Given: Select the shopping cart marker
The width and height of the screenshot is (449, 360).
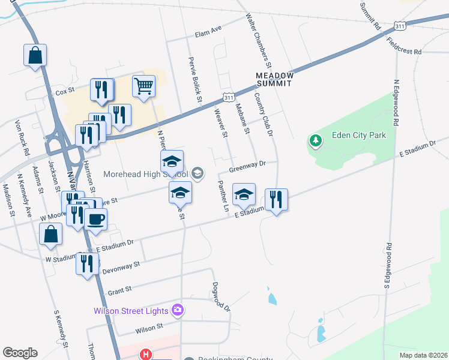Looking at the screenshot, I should (x=143, y=86).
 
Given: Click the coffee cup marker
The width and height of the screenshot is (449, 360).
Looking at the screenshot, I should (x=95, y=220).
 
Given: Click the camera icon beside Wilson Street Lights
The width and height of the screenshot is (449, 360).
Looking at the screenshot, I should (x=178, y=310).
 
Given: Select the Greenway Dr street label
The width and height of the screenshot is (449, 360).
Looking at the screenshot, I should (x=247, y=166).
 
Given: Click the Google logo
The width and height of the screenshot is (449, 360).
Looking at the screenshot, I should (x=20, y=353).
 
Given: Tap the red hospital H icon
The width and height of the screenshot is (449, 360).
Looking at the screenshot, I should (x=145, y=355).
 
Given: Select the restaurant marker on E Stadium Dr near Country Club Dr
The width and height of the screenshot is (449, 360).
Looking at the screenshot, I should (x=276, y=200).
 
